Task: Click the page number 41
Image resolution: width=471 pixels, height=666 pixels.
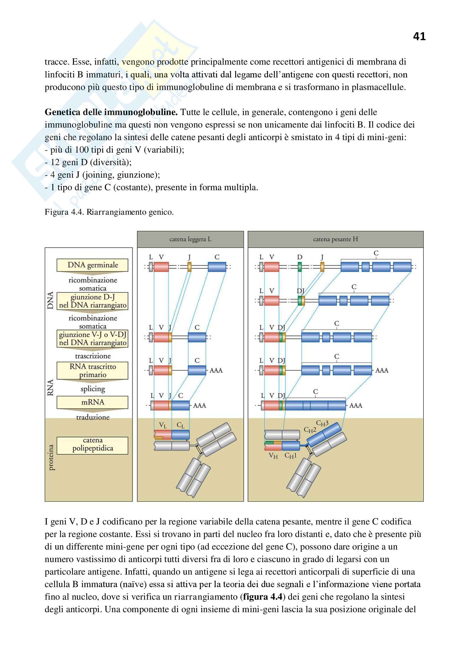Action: point(419,36)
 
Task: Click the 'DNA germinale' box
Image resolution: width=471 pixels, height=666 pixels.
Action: point(93,265)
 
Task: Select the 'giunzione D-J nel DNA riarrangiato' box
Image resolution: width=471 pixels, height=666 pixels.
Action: point(93,301)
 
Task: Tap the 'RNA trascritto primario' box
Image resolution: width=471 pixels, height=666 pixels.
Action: point(93,370)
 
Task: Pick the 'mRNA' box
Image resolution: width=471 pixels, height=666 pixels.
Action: point(93,402)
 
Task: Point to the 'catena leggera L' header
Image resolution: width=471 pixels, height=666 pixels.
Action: point(190,239)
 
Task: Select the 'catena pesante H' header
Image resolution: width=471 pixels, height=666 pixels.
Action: point(335,239)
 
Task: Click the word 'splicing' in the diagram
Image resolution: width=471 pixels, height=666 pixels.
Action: point(93,389)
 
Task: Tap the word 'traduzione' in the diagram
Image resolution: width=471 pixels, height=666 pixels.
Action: point(93,417)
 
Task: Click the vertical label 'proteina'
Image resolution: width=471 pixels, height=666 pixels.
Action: point(51,458)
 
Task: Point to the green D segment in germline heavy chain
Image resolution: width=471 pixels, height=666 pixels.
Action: point(300,267)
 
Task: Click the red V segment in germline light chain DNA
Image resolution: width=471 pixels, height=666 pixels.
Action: point(161,267)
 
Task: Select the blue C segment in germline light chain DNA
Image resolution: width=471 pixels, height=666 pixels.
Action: point(217,267)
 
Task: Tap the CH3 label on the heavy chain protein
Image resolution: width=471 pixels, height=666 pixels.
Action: point(322,423)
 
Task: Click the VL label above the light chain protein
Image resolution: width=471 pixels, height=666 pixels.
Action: point(163,425)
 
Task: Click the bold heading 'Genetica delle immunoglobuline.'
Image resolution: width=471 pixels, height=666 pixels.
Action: point(111,112)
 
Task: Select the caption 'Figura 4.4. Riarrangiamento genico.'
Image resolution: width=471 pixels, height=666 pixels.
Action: point(109,212)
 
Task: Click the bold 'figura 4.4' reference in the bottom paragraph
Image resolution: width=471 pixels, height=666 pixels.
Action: point(263,597)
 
